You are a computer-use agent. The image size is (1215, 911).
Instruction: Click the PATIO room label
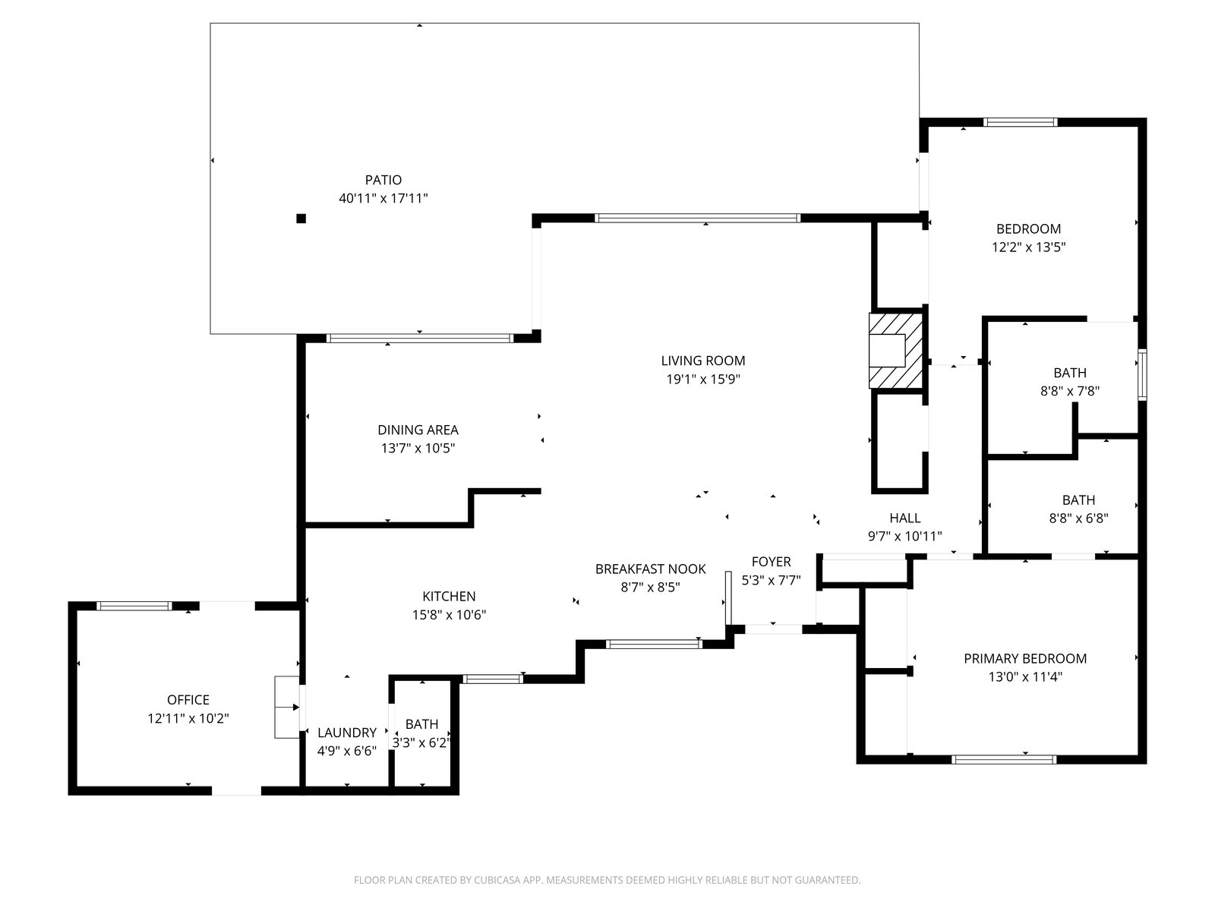coord(383,180)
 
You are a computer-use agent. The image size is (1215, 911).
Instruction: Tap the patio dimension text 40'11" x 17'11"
coord(383,198)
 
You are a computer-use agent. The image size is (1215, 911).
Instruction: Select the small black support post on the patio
coord(301,219)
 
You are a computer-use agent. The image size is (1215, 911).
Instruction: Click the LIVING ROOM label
coord(703,361)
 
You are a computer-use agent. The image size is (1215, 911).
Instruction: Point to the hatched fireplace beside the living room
coord(895,351)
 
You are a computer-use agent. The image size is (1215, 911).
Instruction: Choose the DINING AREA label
coord(418,430)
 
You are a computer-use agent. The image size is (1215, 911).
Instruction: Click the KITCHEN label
coord(449,596)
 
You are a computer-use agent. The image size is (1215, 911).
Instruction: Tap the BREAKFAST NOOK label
coord(650,569)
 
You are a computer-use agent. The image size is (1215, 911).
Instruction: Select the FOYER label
coord(771,562)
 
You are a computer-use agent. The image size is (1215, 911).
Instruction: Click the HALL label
coord(905,518)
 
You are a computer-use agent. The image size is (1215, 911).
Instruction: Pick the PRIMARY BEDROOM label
coord(1025,658)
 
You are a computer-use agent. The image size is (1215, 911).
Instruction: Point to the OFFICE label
coord(188,700)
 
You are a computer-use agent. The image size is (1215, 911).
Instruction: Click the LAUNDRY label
coord(347,733)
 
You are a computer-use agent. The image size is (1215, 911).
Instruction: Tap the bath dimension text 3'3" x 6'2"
coord(421,743)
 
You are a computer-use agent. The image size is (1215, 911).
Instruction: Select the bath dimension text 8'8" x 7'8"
coord(1070,391)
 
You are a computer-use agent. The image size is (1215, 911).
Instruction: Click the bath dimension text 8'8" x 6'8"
coord(1079,519)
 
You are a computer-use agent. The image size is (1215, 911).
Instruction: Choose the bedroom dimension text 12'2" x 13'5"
coord(1028,247)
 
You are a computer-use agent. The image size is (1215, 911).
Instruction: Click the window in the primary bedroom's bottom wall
coord(1004,759)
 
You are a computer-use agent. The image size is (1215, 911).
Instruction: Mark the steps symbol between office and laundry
coord(287,707)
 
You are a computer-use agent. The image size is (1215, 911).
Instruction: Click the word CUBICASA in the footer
coord(497,880)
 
